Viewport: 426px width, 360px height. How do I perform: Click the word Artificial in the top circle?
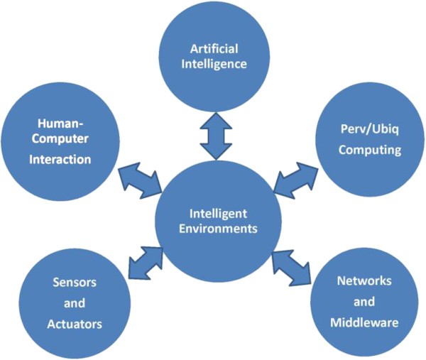click(x=212, y=50)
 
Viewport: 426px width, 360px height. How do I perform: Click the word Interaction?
click(x=60, y=159)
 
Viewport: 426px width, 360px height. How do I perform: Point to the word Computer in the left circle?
click(x=60, y=139)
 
